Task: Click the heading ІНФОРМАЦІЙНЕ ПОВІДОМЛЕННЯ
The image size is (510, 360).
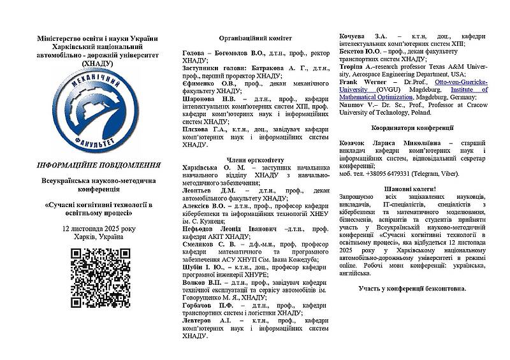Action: coord(98,165)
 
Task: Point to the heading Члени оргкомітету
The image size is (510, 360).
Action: coord(255,159)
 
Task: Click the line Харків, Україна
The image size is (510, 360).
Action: coord(99,237)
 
